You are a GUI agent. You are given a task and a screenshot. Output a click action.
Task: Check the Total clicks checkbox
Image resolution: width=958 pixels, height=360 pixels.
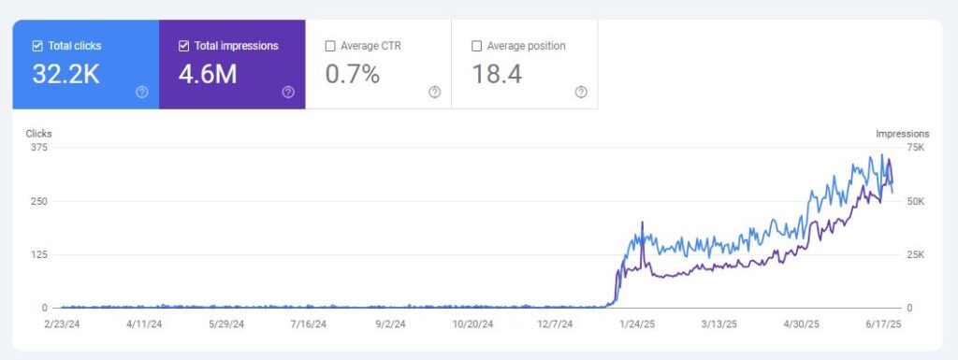pyautogui.click(x=37, y=45)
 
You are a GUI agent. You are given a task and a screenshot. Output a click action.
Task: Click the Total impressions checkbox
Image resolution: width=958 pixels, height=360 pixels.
pyautogui.click(x=183, y=45)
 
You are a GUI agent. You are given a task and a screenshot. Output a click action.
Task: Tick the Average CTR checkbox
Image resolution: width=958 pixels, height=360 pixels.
pyautogui.click(x=330, y=45)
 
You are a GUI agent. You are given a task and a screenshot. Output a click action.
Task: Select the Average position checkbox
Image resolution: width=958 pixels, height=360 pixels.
pyautogui.click(x=477, y=45)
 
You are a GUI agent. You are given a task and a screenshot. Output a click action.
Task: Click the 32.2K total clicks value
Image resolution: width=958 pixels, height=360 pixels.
pyautogui.click(x=65, y=75)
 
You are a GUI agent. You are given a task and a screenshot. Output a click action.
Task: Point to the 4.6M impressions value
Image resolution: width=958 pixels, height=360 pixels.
pyautogui.click(x=207, y=75)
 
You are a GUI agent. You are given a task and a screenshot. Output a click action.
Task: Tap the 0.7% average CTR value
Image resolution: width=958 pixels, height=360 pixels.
pyautogui.click(x=352, y=75)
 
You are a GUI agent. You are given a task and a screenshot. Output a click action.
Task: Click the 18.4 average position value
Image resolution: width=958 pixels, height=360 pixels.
pyautogui.click(x=497, y=75)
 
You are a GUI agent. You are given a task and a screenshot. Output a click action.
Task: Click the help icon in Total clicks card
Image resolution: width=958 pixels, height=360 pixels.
pyautogui.click(x=142, y=92)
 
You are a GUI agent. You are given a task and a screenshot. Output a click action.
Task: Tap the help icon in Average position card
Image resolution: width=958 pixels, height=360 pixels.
pyautogui.click(x=581, y=92)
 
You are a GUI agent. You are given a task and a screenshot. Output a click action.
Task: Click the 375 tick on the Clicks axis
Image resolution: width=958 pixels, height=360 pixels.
pyautogui.click(x=38, y=148)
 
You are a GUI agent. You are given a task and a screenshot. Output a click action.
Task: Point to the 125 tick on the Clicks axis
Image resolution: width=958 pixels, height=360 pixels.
pyautogui.click(x=38, y=254)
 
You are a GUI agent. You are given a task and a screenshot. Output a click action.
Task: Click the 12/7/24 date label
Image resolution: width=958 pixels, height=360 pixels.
pyautogui.click(x=557, y=324)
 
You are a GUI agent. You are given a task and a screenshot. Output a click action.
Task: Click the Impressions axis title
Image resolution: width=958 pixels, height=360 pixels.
pyautogui.click(x=902, y=134)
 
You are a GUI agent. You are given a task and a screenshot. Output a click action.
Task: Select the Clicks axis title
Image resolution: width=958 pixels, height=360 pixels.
pyautogui.click(x=38, y=134)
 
